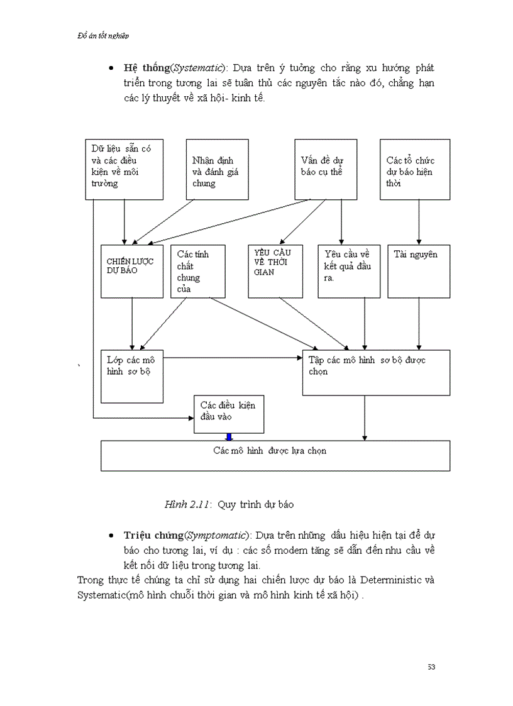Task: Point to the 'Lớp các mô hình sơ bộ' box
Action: tap(131, 376)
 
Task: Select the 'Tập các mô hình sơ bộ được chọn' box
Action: tap(376, 372)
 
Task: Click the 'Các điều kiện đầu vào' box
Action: tap(229, 414)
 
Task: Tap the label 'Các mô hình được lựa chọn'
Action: tap(269, 451)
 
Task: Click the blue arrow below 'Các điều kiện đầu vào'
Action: tap(229, 437)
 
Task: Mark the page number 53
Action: tap(431, 667)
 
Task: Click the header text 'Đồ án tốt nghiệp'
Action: tap(104, 36)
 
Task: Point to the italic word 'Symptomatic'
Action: tap(216, 535)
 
